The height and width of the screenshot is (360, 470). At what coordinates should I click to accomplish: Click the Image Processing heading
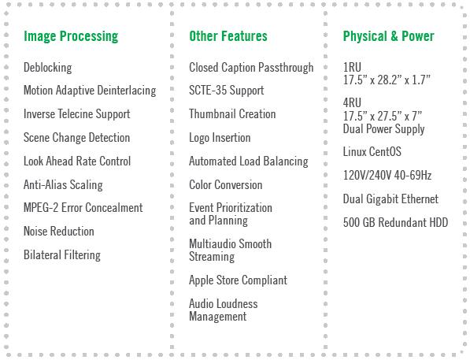click(71, 36)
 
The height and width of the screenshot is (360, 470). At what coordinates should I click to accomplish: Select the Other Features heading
click(228, 36)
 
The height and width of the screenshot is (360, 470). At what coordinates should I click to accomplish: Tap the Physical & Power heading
click(388, 36)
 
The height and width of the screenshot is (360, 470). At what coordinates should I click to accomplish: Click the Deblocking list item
click(48, 68)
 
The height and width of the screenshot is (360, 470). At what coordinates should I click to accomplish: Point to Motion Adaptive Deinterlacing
click(90, 91)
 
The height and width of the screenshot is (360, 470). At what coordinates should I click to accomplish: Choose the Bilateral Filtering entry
click(62, 255)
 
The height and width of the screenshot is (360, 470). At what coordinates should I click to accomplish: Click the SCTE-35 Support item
click(226, 91)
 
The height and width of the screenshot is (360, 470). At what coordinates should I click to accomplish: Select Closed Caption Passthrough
click(251, 68)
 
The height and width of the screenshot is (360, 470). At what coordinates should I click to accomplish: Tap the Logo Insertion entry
click(220, 138)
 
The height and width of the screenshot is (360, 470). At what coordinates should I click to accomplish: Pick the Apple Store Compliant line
click(238, 280)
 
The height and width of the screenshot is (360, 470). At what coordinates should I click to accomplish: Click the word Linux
click(355, 152)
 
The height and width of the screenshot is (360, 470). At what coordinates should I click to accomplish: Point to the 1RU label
click(352, 67)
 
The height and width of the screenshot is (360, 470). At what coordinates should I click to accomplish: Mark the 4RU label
click(352, 102)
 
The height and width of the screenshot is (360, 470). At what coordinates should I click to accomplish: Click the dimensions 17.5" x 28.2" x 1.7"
click(387, 80)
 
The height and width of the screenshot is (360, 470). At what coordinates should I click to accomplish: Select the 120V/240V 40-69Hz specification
click(387, 175)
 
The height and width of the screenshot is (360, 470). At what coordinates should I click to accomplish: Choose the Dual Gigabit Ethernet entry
click(390, 199)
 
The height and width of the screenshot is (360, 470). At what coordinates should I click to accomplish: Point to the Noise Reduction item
click(59, 232)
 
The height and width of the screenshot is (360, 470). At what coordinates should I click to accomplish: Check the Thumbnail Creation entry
click(232, 114)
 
